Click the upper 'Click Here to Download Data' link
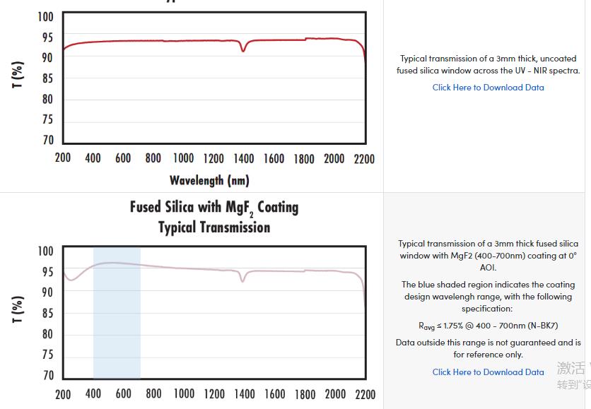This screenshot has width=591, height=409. (488, 88)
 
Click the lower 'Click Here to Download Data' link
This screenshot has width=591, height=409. (488, 372)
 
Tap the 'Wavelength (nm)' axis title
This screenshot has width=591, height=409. (209, 181)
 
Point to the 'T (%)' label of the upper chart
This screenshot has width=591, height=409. (18, 74)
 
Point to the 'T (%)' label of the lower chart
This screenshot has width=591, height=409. (18, 309)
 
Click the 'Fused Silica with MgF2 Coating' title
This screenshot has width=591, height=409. (214, 208)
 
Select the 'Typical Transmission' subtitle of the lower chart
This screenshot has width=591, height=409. (214, 227)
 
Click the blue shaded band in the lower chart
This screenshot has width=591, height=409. (117, 318)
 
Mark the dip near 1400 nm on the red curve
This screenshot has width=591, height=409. (243, 49)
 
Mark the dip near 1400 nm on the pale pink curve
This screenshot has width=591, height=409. (242, 280)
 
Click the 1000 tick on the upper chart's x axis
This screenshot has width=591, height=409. (184, 158)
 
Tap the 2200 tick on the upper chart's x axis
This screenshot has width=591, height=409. (364, 158)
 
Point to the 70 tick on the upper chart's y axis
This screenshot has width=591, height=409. (47, 140)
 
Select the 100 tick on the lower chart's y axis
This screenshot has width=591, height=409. (45, 251)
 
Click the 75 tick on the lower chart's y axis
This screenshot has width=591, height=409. (47, 355)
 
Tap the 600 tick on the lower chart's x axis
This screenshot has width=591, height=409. (123, 393)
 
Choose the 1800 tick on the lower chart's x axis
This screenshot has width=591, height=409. (304, 393)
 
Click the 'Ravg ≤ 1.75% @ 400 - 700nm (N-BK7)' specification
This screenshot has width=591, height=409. (488, 326)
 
